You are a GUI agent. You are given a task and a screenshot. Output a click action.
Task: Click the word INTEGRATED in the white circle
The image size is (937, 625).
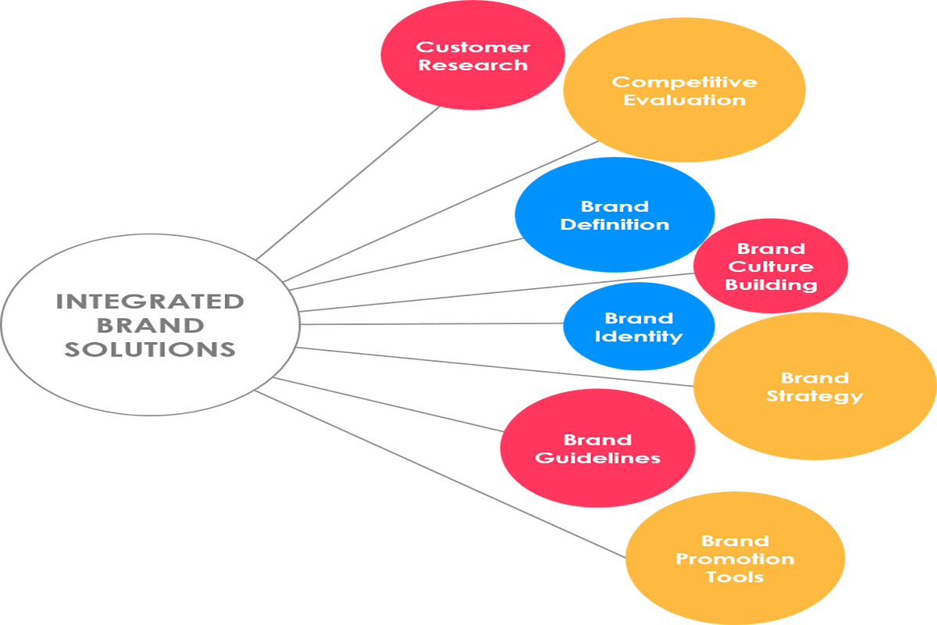(x=150, y=301)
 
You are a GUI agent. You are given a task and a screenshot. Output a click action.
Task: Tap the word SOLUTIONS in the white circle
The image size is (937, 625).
(x=150, y=348)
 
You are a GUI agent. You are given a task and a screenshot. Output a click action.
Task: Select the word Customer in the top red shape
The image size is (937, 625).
(x=472, y=48)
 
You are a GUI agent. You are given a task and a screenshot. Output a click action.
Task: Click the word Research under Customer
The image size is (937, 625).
(x=472, y=66)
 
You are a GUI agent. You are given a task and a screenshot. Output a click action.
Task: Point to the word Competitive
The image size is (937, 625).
(x=684, y=82)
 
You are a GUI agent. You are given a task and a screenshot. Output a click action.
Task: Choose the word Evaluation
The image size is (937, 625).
(x=684, y=100)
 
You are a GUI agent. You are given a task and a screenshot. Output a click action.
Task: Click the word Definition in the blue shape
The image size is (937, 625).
(x=615, y=225)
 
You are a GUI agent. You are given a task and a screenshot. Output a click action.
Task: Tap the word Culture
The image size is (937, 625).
(x=771, y=267)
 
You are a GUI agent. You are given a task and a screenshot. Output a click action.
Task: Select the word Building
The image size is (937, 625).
(x=771, y=285)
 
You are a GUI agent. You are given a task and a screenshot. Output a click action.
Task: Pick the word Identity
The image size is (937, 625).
(x=638, y=337)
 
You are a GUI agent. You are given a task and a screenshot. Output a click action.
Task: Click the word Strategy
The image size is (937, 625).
(x=814, y=396)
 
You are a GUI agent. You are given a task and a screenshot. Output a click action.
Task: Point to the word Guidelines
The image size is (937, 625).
(x=597, y=458)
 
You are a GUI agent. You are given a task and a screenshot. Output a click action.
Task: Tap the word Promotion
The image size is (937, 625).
(x=735, y=559)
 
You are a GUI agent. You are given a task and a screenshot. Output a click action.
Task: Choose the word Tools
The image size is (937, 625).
(x=735, y=577)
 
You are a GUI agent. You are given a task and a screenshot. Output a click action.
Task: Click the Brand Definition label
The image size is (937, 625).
(x=615, y=216)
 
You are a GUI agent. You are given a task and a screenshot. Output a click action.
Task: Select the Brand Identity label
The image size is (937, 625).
(x=638, y=327)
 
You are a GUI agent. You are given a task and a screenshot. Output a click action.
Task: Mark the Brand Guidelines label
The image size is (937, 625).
(x=597, y=449)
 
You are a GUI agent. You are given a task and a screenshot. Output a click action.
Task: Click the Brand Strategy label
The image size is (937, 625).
(x=814, y=387)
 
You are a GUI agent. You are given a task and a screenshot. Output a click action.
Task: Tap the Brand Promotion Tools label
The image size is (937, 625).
(x=735, y=559)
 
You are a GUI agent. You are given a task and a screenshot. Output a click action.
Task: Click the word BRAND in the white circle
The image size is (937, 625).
(x=150, y=324)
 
